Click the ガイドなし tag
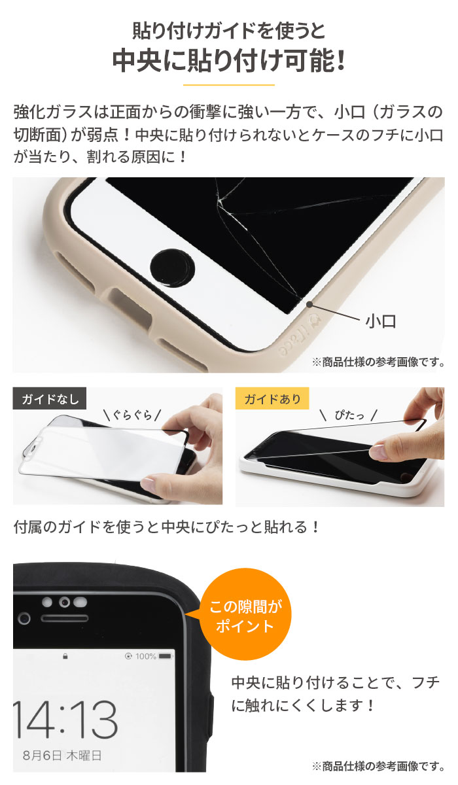tap(49, 399)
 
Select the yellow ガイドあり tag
tap(272, 399)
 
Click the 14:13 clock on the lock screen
tap(65, 718)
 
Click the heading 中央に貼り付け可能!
tap(228, 61)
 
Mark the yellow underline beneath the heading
tap(228, 85)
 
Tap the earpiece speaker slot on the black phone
tap(63, 618)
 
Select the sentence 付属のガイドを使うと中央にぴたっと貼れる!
tap(167, 527)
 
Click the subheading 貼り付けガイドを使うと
tap(228, 31)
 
